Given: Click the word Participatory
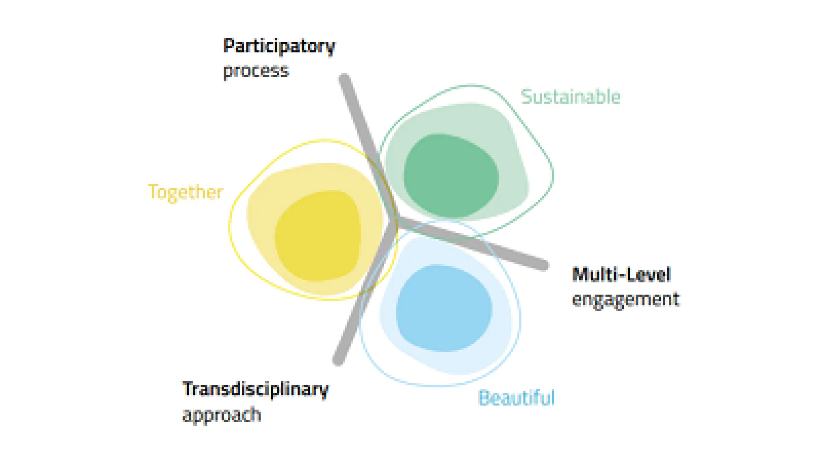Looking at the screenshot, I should [279, 47].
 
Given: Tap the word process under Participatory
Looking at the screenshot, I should [256, 70].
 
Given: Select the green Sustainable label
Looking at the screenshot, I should [570, 97].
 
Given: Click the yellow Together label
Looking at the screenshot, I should [185, 191].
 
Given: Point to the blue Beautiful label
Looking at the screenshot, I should [516, 398].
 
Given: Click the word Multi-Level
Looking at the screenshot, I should [621, 275].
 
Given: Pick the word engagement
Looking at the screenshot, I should [625, 299].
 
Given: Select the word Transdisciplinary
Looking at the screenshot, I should [255, 389].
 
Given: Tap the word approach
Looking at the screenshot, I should [221, 414].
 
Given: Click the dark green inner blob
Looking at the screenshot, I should [451, 175].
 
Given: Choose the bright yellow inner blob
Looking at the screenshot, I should [318, 236].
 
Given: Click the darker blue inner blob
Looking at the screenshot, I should [444, 308].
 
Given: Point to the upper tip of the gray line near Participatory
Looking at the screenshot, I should [344, 79].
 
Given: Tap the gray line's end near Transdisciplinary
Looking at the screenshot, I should [338, 360].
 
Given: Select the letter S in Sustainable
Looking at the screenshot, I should [526, 97].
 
